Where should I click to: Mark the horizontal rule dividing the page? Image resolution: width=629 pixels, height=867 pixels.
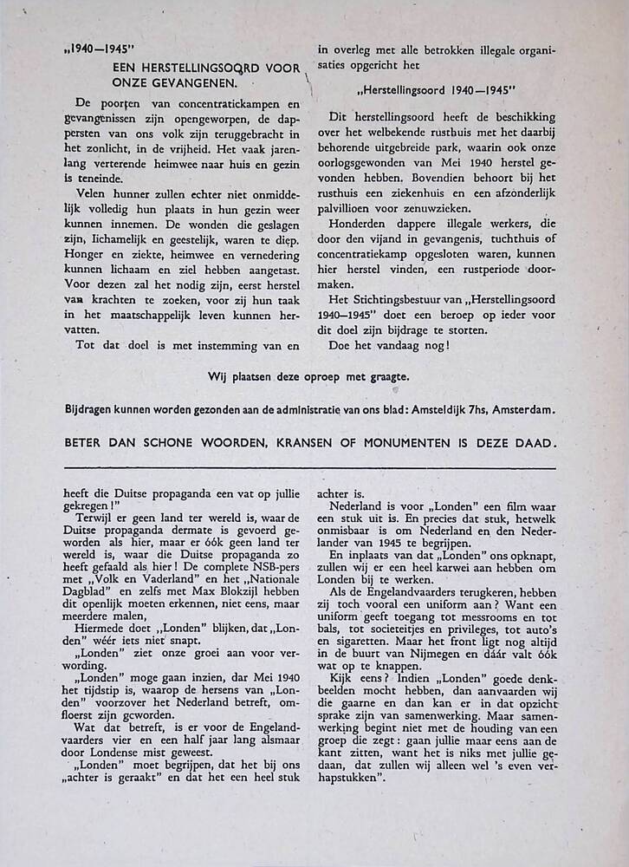coord(311,468)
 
